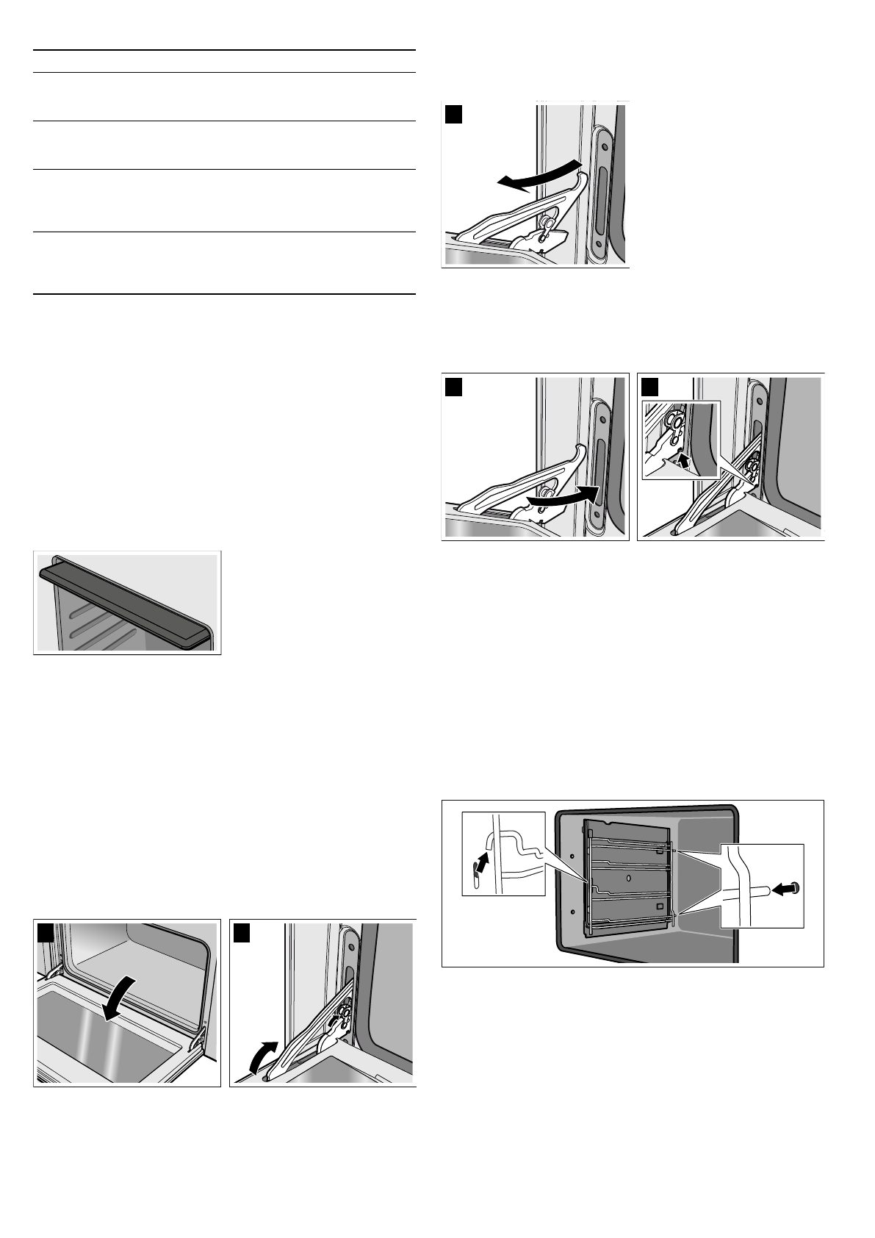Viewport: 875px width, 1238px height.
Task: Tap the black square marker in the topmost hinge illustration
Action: [x=453, y=115]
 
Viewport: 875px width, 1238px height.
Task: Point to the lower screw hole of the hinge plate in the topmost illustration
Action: [x=600, y=242]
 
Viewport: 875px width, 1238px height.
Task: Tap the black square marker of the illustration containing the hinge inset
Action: [x=649, y=387]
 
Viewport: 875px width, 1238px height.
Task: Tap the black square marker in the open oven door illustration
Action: [x=46, y=932]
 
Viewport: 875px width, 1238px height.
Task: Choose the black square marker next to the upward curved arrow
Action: [x=242, y=932]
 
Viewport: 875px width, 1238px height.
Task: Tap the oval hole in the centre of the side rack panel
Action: [x=628, y=879]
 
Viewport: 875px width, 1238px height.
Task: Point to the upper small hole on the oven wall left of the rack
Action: [x=571, y=857]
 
